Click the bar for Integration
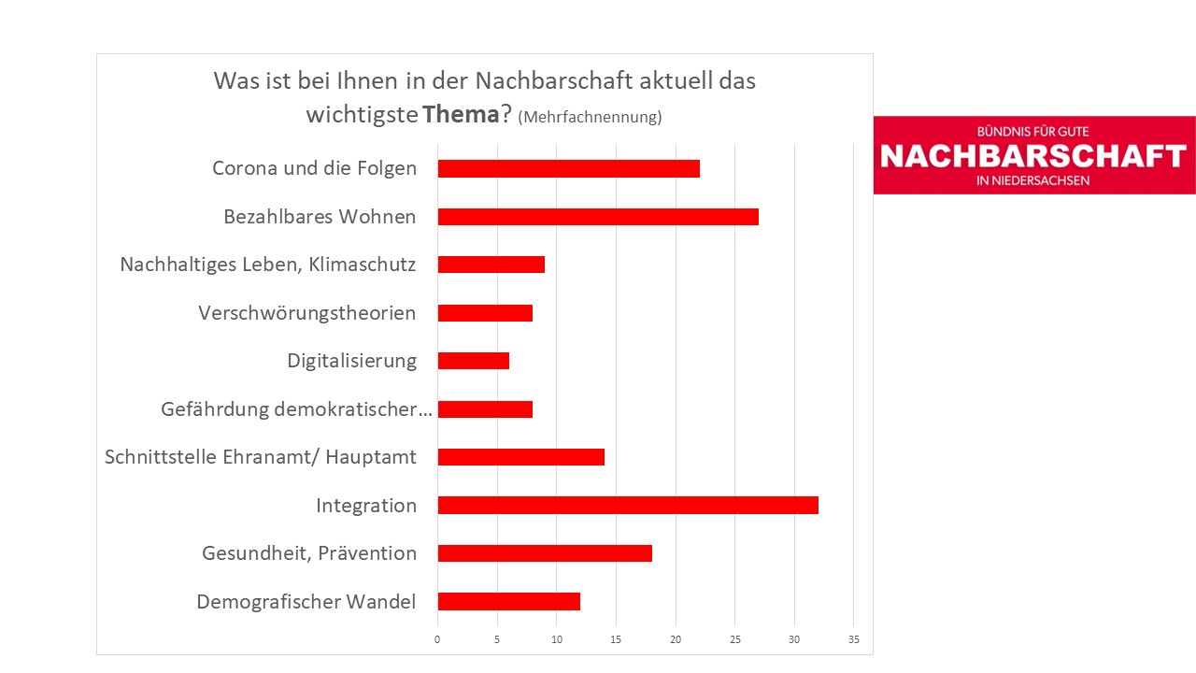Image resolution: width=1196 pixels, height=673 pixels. (x=628, y=506)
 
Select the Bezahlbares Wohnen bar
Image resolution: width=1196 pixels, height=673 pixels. (x=598, y=217)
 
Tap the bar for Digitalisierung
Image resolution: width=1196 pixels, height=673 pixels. (x=474, y=361)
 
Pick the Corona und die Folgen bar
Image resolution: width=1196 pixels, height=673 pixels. (x=568, y=169)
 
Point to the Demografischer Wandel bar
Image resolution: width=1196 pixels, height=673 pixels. (x=509, y=602)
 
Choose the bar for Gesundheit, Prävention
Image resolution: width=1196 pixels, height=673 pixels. (x=545, y=553)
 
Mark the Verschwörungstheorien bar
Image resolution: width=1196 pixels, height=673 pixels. (x=485, y=313)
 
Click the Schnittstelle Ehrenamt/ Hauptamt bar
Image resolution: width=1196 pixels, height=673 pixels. (x=521, y=457)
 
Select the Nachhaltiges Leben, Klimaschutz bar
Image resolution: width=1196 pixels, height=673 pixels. (x=491, y=265)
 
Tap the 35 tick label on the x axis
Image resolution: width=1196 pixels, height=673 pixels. (x=853, y=640)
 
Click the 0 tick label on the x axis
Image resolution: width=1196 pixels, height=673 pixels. (x=437, y=640)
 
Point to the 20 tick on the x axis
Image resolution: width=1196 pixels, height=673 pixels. (x=676, y=640)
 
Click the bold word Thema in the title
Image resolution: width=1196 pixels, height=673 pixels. (x=460, y=115)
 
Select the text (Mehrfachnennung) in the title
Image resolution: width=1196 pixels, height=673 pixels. (x=590, y=117)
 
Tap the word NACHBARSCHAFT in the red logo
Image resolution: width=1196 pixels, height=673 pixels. (x=1033, y=156)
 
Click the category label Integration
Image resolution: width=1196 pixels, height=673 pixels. (x=366, y=506)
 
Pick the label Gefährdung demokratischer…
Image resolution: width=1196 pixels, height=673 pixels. (x=296, y=409)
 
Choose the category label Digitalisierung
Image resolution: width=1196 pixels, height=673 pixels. (x=352, y=361)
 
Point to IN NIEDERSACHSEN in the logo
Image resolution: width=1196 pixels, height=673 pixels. (x=1032, y=180)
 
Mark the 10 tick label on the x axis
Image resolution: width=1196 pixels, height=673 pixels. (x=557, y=640)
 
